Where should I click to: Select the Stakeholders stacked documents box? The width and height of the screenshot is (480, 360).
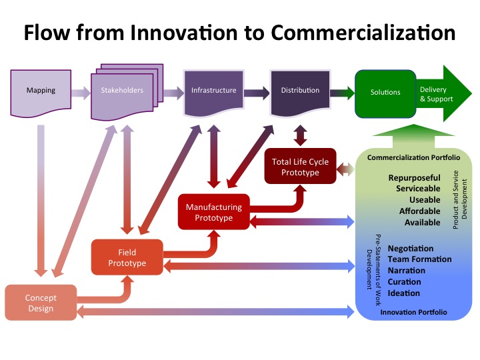[121, 91]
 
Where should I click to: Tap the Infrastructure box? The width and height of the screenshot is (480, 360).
[213, 91]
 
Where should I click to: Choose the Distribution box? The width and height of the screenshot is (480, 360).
[299, 91]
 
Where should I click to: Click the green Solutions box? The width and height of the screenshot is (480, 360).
[385, 92]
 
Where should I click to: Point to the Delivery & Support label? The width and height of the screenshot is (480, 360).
[437, 94]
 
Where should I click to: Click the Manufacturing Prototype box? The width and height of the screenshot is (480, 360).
[213, 212]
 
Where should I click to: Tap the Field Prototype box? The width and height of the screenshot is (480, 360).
[127, 257]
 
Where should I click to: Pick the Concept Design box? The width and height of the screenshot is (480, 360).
[41, 303]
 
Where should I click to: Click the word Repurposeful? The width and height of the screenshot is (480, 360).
[414, 178]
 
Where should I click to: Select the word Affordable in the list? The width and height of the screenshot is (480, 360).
[419, 211]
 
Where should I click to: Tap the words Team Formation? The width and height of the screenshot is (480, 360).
[419, 259]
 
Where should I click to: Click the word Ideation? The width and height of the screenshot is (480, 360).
[404, 293]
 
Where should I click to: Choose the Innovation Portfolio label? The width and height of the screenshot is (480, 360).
[413, 311]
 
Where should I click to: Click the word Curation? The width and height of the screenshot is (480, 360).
[404, 282]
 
